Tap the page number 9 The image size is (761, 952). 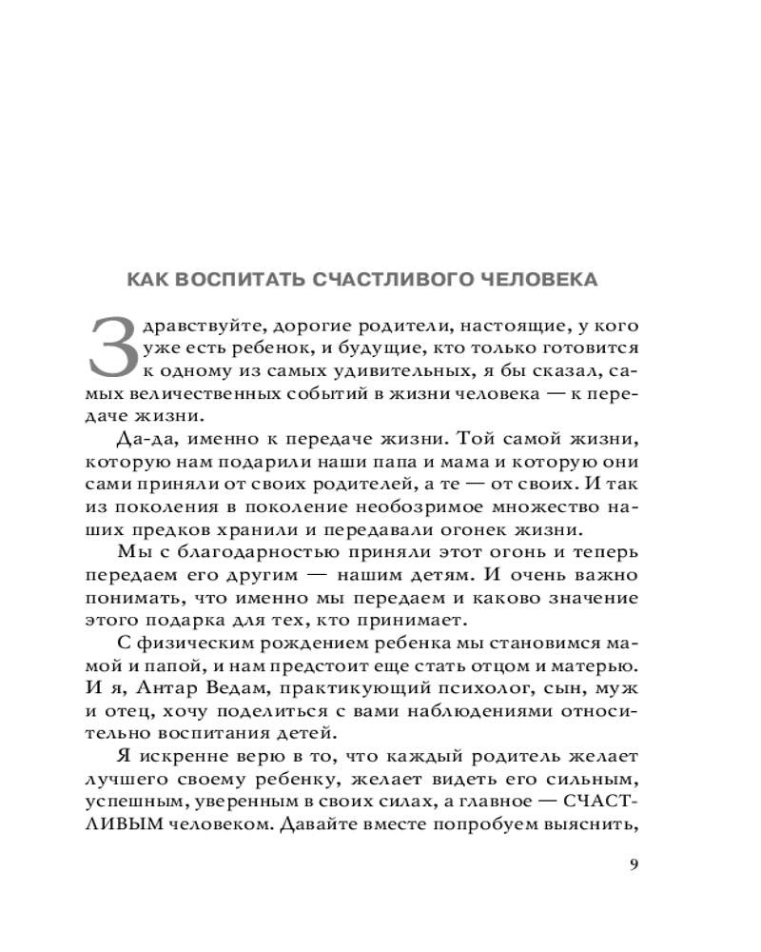point(635,864)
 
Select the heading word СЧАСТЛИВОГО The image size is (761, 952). point(391,280)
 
